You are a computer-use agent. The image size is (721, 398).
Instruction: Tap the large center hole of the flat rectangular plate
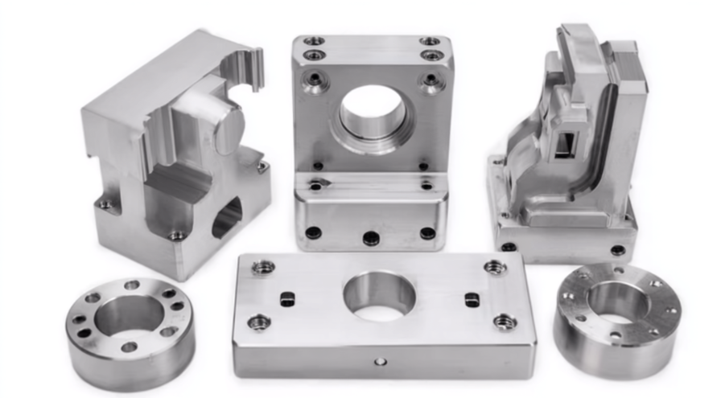pyautogui.click(x=379, y=295)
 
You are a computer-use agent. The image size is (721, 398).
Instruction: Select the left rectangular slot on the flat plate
pyautogui.click(x=286, y=299)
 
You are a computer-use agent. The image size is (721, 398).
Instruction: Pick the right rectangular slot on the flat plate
pyautogui.click(x=472, y=300)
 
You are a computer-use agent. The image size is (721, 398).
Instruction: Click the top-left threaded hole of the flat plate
pyautogui.click(x=262, y=267)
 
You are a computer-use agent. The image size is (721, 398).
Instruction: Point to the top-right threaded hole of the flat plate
pyautogui.click(x=494, y=268)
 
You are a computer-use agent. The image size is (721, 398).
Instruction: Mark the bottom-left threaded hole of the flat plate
pyautogui.click(x=257, y=322)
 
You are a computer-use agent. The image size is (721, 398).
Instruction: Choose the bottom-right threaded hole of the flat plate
pyautogui.click(x=505, y=322)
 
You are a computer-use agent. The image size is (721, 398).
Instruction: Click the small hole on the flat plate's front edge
pyautogui.click(x=380, y=361)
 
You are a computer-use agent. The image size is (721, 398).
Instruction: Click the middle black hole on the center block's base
pyautogui.click(x=371, y=238)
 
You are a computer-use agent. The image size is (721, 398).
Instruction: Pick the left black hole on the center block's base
pyautogui.click(x=313, y=233)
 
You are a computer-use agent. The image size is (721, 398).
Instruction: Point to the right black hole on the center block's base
pyautogui.click(x=427, y=233)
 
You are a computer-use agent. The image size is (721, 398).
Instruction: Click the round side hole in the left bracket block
pyautogui.click(x=227, y=218)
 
